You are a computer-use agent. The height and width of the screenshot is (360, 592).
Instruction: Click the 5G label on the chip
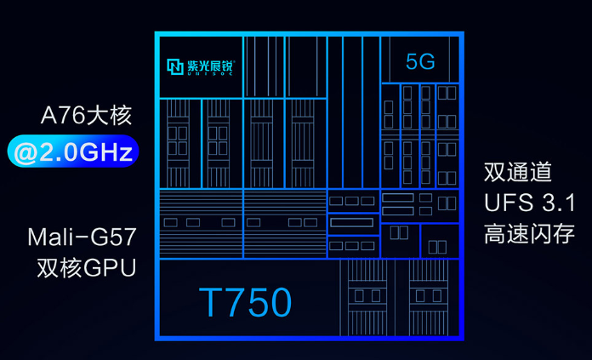click(x=420, y=61)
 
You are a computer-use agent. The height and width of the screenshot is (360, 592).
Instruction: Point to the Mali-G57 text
click(x=82, y=235)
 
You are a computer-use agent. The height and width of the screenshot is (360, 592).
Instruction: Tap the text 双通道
click(x=518, y=172)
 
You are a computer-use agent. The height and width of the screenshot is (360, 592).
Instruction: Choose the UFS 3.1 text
click(x=530, y=203)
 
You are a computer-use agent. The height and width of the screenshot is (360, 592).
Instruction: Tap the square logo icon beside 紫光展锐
click(x=175, y=66)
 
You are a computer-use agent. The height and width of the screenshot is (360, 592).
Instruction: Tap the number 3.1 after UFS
click(x=559, y=203)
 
